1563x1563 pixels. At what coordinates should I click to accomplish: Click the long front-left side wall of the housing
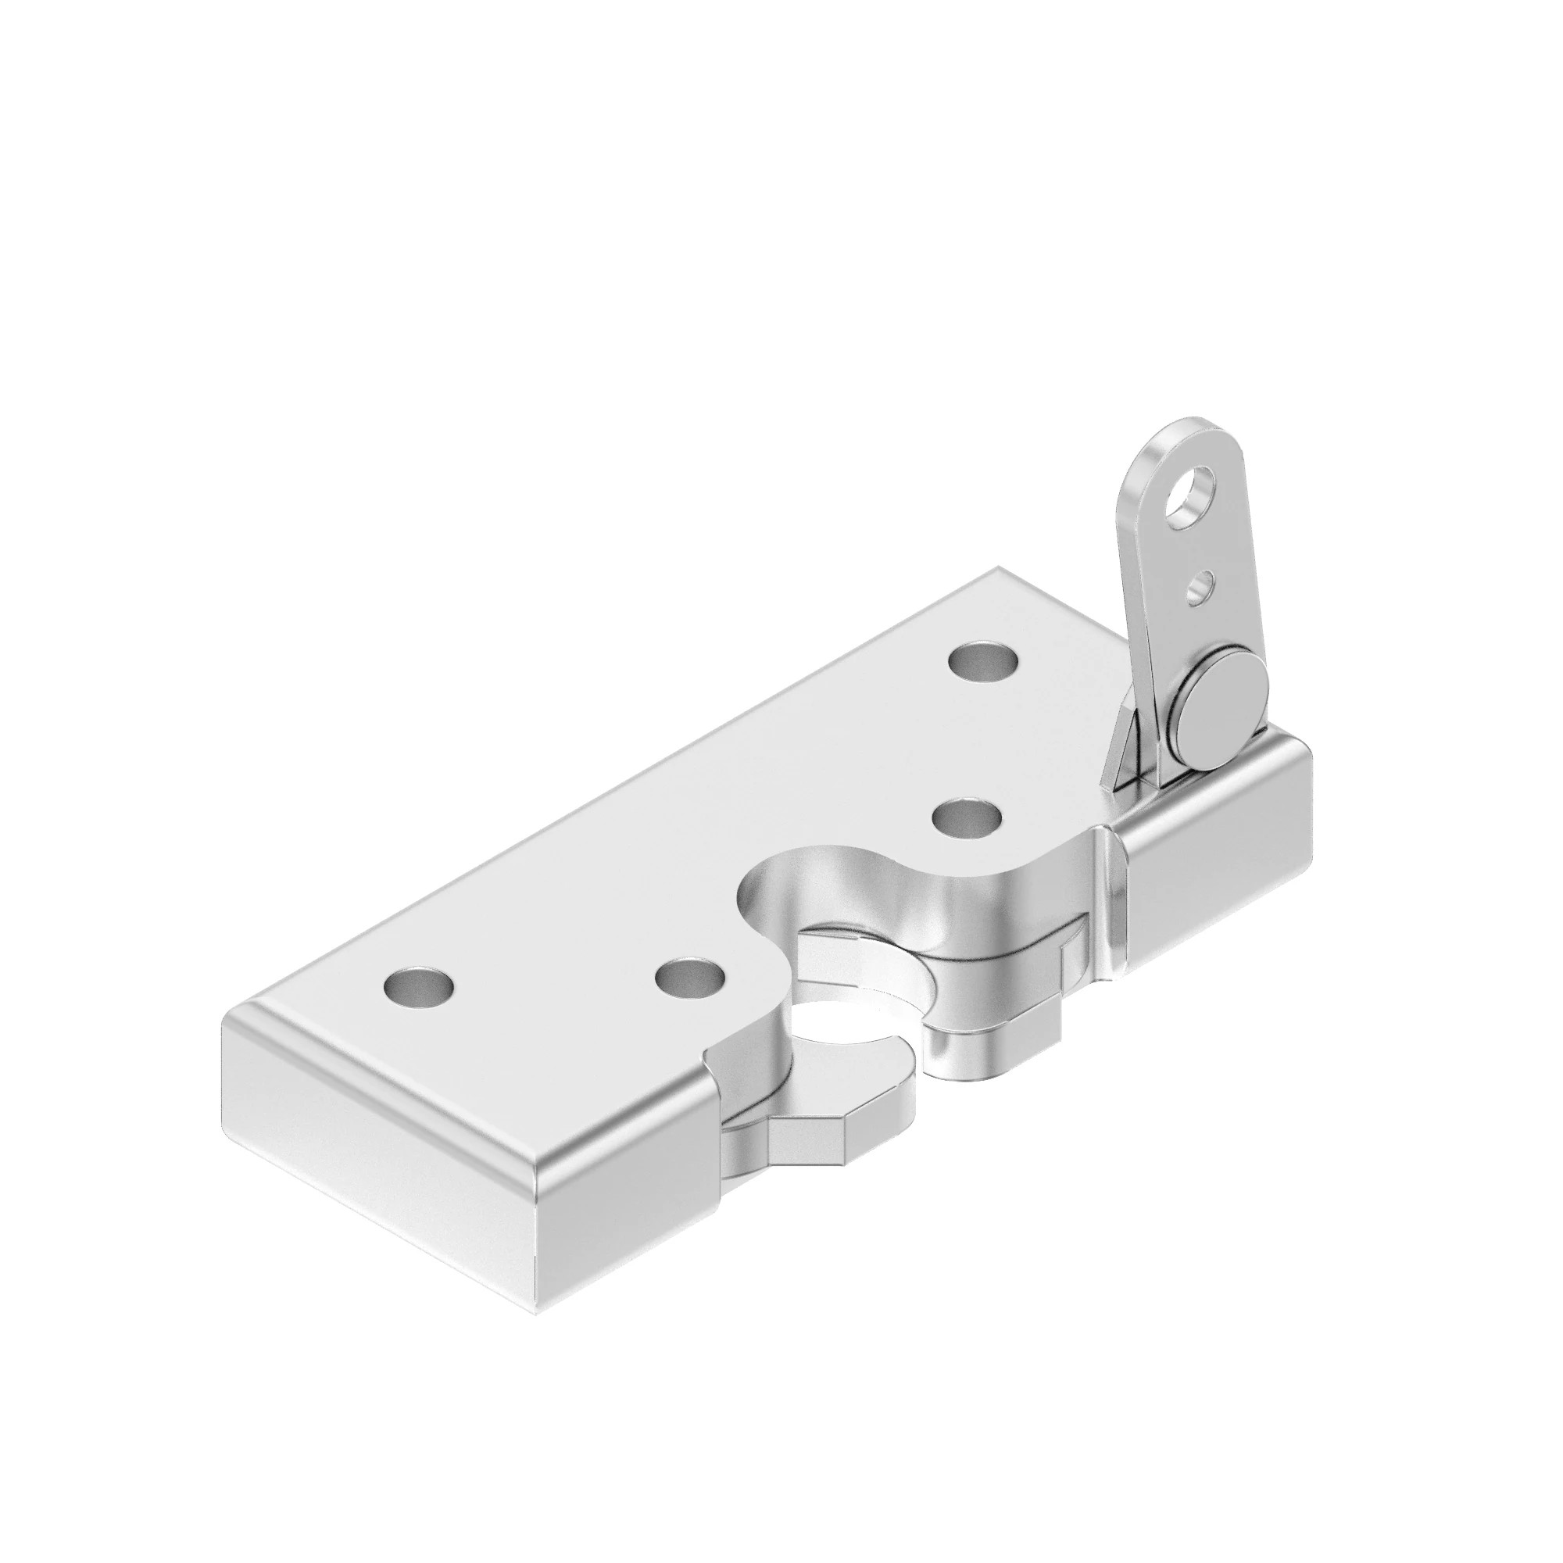[381, 1149]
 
